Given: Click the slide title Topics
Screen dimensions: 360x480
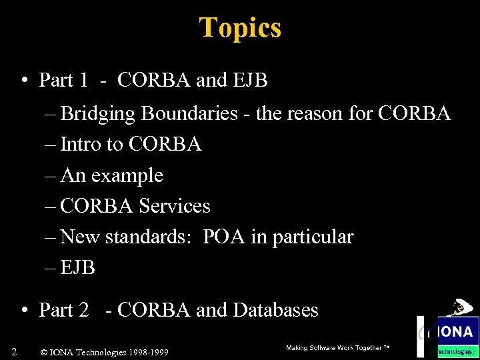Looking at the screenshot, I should (x=240, y=28).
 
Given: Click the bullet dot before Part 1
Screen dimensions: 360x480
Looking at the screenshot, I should (x=23, y=81).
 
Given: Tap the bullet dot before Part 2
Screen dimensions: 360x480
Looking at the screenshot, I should (x=23, y=311).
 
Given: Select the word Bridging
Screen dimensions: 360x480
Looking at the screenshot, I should (x=99, y=114).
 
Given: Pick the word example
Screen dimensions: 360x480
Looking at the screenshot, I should (x=127, y=176).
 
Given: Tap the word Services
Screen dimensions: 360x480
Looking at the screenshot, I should (x=175, y=207).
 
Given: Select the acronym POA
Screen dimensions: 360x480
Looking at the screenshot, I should (x=225, y=237).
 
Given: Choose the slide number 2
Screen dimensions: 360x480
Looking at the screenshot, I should (x=14, y=351).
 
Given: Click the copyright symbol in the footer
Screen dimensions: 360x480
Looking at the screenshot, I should (x=44, y=352).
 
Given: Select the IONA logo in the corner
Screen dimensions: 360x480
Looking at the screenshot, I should (x=454, y=331).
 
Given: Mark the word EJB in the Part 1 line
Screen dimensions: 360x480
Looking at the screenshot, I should (x=250, y=81).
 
